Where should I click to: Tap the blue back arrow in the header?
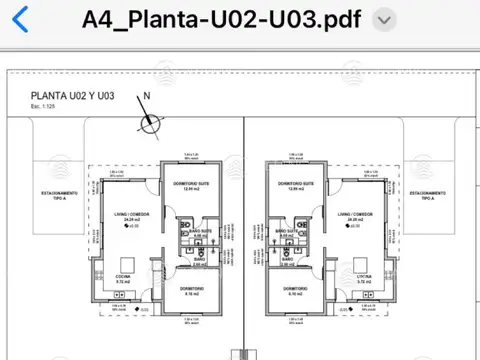pos(18,18)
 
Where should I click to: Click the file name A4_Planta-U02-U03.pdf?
pos(222,20)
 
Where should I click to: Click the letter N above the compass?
pos(147,97)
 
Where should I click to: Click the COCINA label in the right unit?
pos(363,277)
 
